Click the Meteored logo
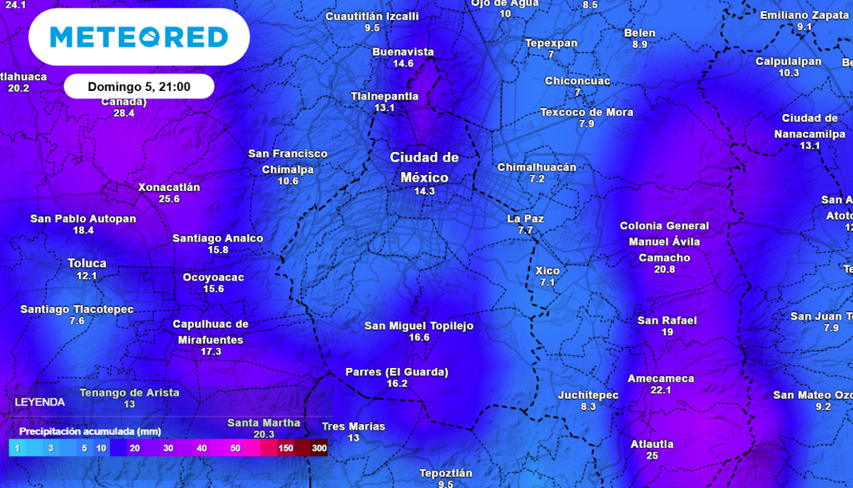point(138,37)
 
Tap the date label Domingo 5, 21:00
point(139,86)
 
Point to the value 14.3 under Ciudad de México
point(424,191)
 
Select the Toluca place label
point(87,263)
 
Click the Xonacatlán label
point(169,187)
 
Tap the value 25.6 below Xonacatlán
point(169,199)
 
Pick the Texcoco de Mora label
point(586,112)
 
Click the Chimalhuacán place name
point(536,167)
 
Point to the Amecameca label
point(661,378)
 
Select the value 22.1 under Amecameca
point(661,390)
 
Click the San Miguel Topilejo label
point(419,325)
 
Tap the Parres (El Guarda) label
point(397,371)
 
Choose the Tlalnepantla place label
point(384,96)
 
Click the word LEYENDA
point(39,402)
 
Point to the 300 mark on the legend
point(319,449)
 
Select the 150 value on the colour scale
point(286,449)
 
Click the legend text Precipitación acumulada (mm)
point(90,431)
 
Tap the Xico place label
point(547,270)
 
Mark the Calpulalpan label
point(788,61)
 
